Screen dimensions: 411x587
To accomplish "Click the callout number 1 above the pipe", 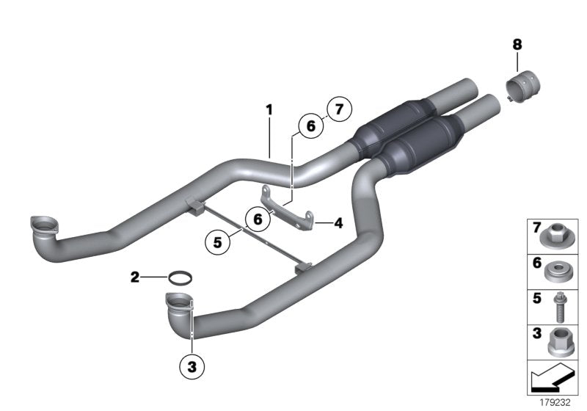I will click(269, 110).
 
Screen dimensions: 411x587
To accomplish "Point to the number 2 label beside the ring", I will click(135, 277).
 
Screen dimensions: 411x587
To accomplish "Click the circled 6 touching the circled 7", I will click(310, 126).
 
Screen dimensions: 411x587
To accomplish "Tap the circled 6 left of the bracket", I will click(258, 218).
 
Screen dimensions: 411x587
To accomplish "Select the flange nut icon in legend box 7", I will click(556, 236).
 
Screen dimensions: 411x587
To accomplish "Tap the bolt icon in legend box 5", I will click(556, 307).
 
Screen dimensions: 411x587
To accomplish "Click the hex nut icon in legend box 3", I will click(556, 343).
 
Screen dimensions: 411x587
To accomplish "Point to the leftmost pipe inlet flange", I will click(43, 224).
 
